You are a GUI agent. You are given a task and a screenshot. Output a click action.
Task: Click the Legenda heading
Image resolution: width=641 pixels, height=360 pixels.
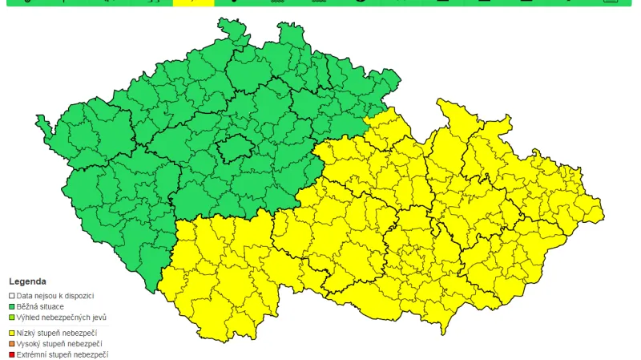[27, 282]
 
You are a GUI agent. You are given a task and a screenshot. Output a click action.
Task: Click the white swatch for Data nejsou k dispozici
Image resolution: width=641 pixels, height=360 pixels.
[12, 296]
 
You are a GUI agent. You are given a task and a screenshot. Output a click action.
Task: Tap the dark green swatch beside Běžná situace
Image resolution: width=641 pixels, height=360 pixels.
[12, 306]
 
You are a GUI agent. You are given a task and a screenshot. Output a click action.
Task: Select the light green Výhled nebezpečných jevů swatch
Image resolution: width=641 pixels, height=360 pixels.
[12, 317]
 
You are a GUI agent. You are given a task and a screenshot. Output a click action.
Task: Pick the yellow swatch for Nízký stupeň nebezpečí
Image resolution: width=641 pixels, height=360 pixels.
[12, 333]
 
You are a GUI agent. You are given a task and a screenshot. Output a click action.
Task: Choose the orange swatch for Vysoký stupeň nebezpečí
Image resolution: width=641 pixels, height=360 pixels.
[12, 343]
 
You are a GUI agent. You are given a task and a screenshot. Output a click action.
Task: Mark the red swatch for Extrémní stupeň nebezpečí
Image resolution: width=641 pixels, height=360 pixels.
[12, 354]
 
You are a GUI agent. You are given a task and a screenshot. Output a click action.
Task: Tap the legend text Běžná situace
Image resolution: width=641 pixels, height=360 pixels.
[41, 306]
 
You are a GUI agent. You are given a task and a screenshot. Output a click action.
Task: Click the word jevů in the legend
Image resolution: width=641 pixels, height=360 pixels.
[100, 317]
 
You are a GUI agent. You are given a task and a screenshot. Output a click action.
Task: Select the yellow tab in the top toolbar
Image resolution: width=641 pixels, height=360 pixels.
[193, 2]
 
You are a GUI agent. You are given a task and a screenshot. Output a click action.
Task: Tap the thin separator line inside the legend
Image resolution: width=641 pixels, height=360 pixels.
[56, 325]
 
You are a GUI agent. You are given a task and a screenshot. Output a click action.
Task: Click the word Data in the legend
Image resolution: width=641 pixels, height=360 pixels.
[24, 296]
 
